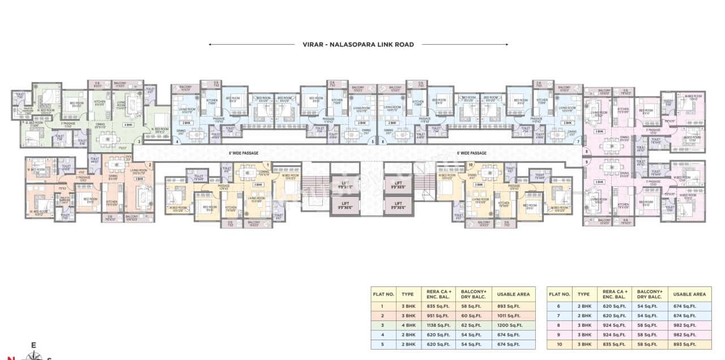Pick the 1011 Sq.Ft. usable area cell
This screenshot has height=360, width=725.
tap(513, 315)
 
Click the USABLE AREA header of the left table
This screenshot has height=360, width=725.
tap(513, 294)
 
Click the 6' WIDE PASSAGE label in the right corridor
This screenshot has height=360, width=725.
tap(471, 153)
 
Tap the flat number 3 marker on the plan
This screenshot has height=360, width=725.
tap(139, 142)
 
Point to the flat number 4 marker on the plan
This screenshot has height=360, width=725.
tap(177, 142)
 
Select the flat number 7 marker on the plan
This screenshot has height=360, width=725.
tap(578, 142)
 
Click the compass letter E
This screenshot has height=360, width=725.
tap(33, 345)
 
